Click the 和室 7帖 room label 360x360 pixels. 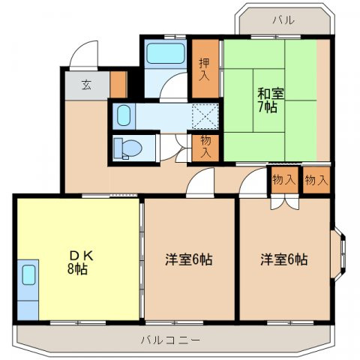271,100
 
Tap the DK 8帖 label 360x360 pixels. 80,262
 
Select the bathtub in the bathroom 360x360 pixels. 166,53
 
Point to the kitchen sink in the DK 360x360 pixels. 28,274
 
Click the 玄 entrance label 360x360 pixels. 86,85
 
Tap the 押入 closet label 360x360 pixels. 205,69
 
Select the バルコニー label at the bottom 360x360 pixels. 170,340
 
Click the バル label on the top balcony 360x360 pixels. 283,20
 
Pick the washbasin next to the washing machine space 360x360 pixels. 124,115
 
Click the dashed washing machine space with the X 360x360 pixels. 205,116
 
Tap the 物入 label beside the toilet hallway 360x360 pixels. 205,148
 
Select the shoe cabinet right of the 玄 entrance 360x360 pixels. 118,85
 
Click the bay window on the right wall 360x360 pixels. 338,253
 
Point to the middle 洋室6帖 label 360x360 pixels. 189,259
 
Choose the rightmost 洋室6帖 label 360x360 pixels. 284,259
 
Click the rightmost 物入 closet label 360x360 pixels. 316,180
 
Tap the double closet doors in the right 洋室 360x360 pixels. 285,203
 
